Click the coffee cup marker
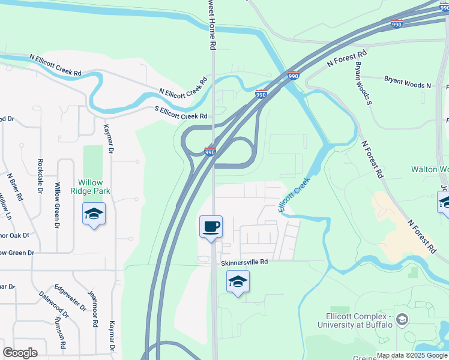pyautogui.click(x=211, y=227)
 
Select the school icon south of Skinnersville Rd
pyautogui.click(x=238, y=281)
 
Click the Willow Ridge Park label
pyautogui.click(x=94, y=187)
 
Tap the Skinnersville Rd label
pyautogui.click(x=244, y=262)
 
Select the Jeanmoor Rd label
pyautogui.click(x=94, y=308)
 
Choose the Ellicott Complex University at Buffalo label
pyautogui.click(x=355, y=320)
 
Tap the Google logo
pyautogui.click(x=20, y=353)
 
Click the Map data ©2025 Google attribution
pyautogui.click(x=412, y=355)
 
